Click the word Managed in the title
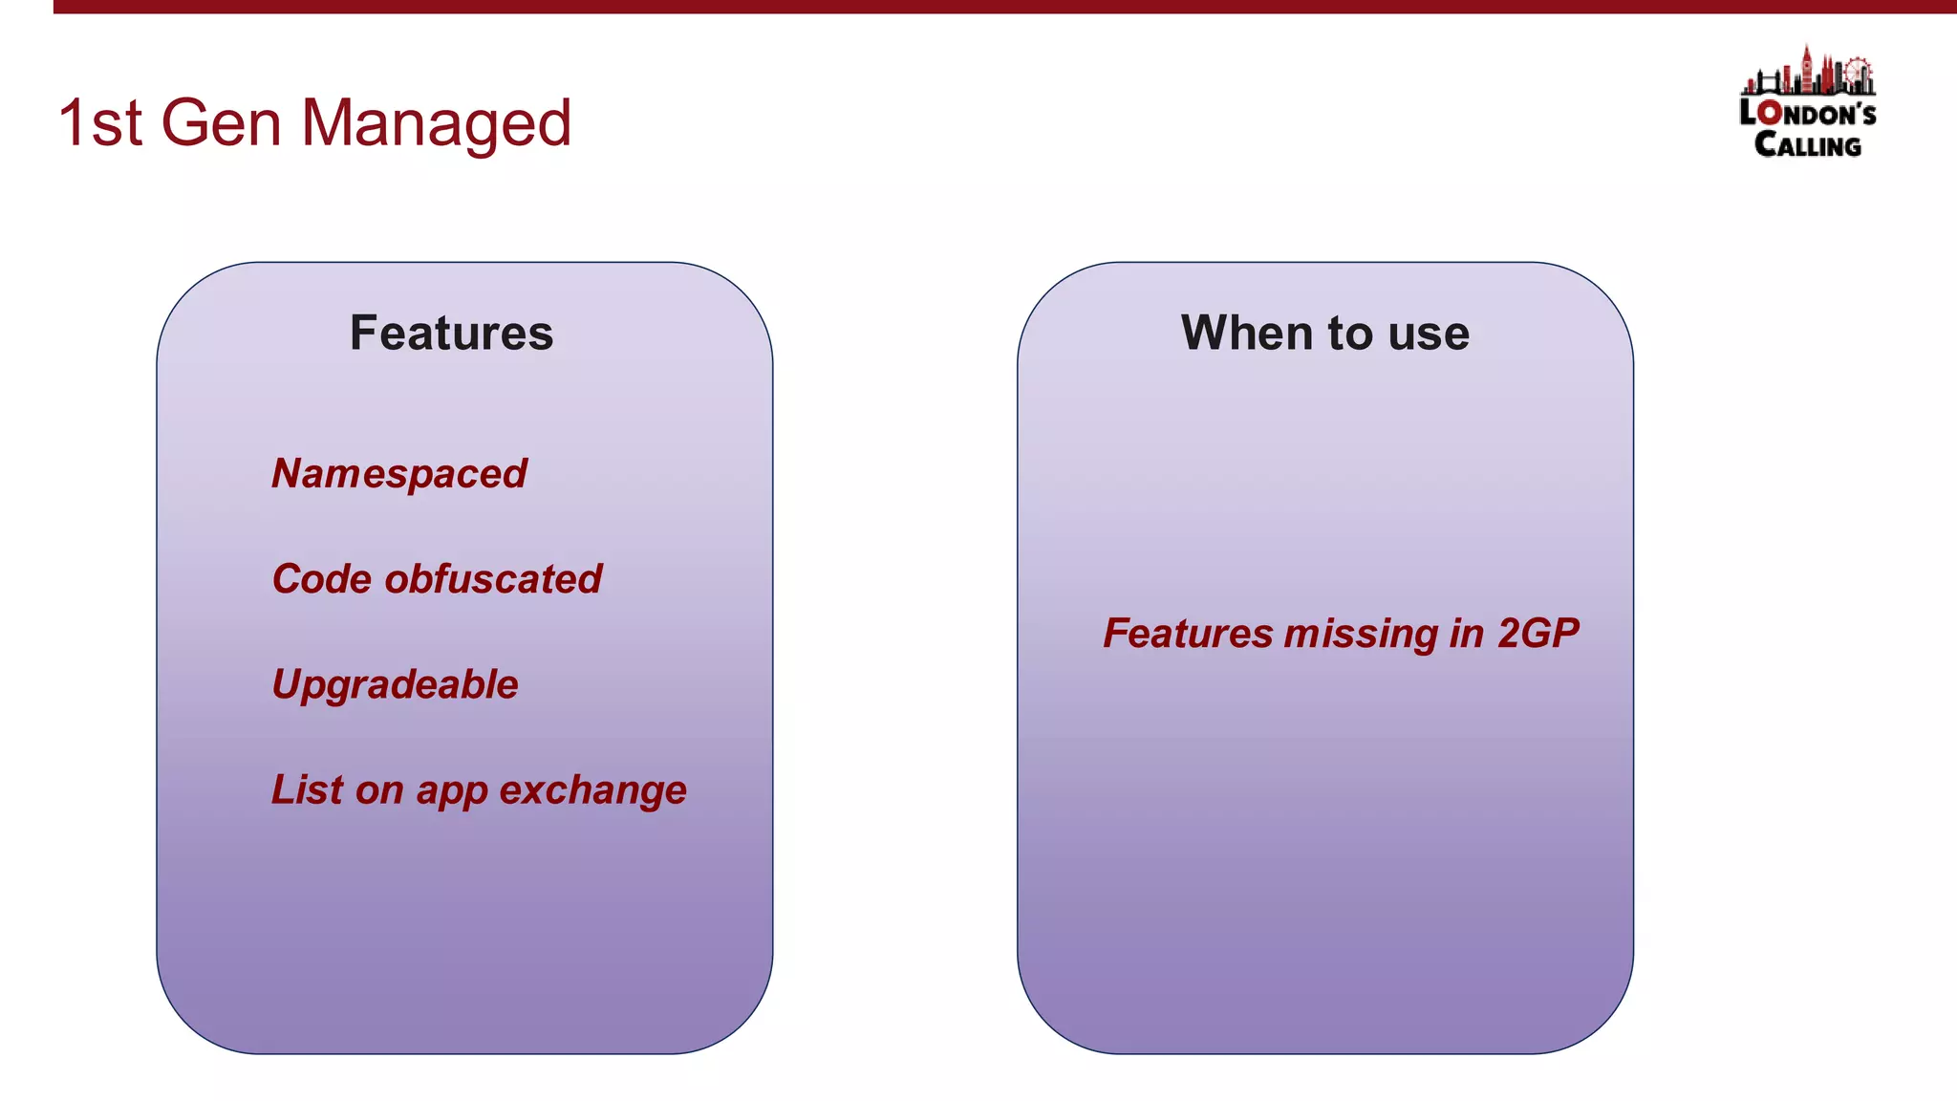[x=436, y=124]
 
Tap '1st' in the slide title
[x=99, y=124]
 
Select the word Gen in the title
[x=221, y=124]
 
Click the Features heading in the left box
[x=451, y=334]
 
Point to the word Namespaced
[x=398, y=474]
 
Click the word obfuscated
[x=493, y=579]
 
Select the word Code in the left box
[x=321, y=579]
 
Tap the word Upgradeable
[x=395, y=685]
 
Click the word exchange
[x=592, y=790]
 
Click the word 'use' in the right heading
[x=1429, y=334]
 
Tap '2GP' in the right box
[x=1538, y=634]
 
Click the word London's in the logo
[x=1807, y=114]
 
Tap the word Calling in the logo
[x=1807, y=145]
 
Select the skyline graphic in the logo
[x=1807, y=73]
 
